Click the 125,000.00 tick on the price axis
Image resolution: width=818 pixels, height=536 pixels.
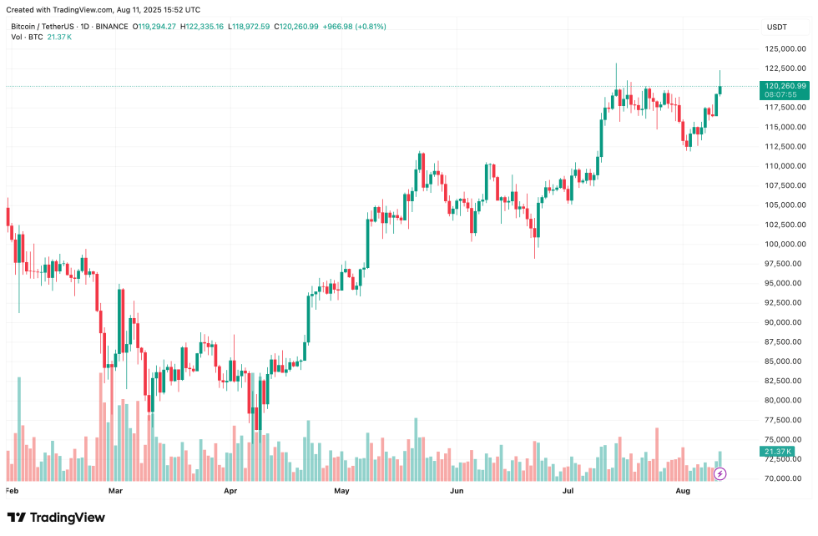click(785, 48)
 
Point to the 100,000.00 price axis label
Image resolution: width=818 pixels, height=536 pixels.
click(785, 244)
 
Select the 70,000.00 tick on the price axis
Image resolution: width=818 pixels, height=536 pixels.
click(785, 478)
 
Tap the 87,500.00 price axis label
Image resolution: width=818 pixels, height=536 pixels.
click(785, 341)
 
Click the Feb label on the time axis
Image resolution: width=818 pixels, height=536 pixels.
click(12, 492)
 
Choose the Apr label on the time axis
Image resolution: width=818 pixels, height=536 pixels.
click(232, 492)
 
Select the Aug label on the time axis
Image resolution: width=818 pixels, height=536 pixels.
click(682, 492)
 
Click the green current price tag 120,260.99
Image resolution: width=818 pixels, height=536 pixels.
click(785, 85)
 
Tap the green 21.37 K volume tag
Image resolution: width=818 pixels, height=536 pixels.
click(777, 452)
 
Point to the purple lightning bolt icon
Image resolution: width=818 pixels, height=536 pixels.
click(720, 473)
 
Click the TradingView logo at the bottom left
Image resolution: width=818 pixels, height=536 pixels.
click(56, 518)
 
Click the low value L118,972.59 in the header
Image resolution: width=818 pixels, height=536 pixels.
click(250, 27)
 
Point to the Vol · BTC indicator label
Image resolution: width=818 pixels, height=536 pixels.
click(28, 38)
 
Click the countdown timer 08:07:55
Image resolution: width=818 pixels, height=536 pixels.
click(780, 94)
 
